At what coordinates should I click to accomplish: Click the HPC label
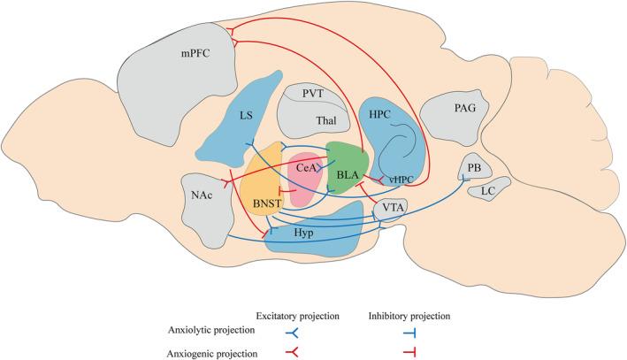tap(377, 116)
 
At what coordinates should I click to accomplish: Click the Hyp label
tap(304, 230)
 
